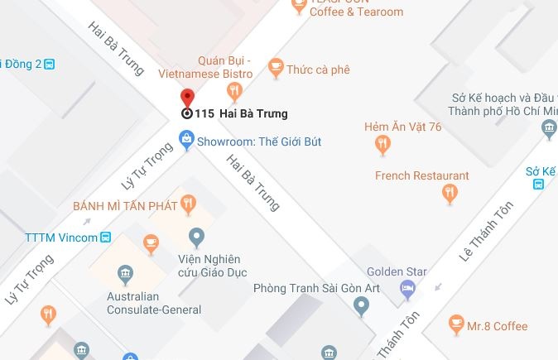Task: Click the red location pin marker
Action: coord(187,98)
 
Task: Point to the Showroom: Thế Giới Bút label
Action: coord(258,142)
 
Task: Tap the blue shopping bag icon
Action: coord(187,142)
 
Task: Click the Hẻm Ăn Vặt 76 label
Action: coord(402,127)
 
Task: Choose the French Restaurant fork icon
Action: coord(450,194)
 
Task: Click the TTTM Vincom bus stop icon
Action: coord(105,238)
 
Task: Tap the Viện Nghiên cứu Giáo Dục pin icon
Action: coord(196,238)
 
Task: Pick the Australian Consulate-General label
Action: coord(154,303)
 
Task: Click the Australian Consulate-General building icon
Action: coord(124,273)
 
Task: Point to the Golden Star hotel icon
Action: coord(407,288)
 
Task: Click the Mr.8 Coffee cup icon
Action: coord(455,325)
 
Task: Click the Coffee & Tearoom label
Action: coord(357,12)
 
